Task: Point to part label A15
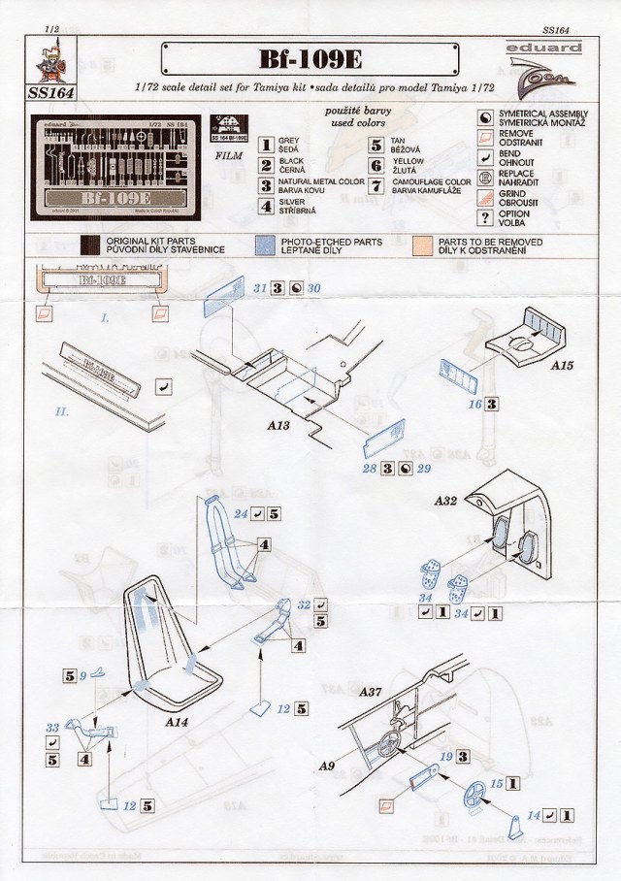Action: tap(564, 370)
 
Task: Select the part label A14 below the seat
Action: tap(178, 723)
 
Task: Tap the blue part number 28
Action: tap(369, 469)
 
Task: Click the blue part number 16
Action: tap(475, 403)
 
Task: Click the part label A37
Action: tap(372, 693)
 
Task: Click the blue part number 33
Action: tap(52, 727)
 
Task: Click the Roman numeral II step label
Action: tap(61, 411)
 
